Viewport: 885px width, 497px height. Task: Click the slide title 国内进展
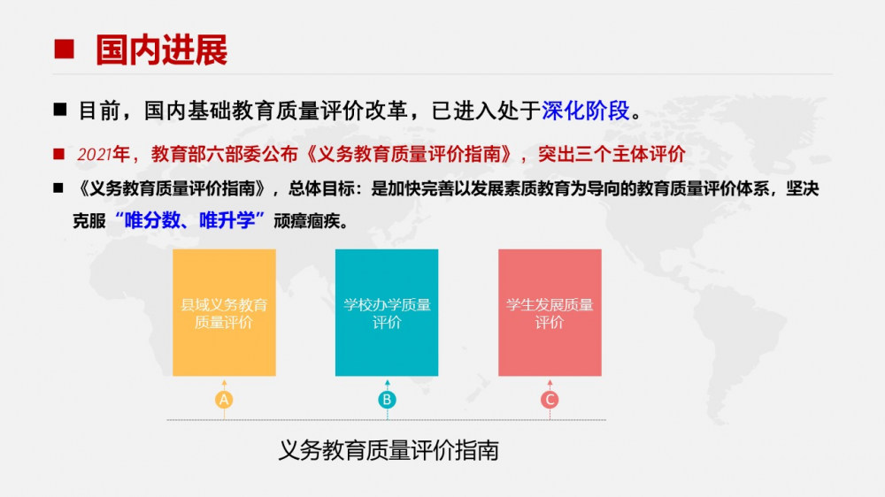(x=161, y=50)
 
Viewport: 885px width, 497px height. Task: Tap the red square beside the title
(x=64, y=49)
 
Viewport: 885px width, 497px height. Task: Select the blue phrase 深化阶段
(x=585, y=111)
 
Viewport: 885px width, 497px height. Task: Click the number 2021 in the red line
(x=95, y=154)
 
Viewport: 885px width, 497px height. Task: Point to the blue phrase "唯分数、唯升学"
(x=189, y=220)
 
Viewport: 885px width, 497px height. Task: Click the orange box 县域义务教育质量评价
(x=224, y=312)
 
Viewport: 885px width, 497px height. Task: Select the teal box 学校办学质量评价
(x=387, y=312)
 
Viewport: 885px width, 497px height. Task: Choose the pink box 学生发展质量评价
(x=550, y=312)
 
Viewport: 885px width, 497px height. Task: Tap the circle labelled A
(x=224, y=400)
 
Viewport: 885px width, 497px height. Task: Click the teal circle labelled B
(x=388, y=400)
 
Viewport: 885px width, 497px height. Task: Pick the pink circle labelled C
(x=550, y=400)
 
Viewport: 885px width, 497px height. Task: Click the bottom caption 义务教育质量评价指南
(x=389, y=450)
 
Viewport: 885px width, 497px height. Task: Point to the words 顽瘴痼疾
(x=307, y=221)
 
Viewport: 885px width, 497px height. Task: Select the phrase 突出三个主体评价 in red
(x=612, y=154)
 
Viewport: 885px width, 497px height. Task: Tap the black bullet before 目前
(x=60, y=110)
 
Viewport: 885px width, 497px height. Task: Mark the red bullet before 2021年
(x=58, y=154)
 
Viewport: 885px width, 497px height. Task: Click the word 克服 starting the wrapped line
(x=89, y=221)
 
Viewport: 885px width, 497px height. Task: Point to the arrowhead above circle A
(x=224, y=383)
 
